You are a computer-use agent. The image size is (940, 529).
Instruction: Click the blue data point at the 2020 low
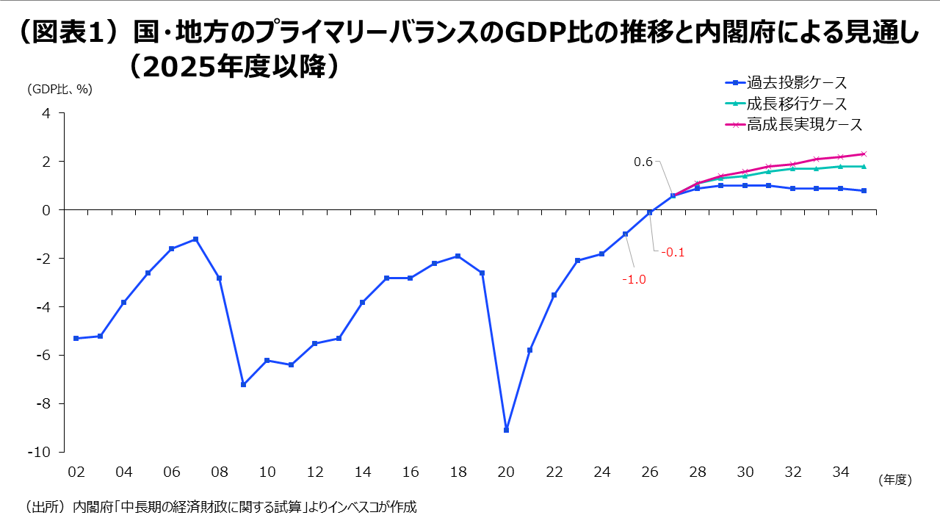click(506, 430)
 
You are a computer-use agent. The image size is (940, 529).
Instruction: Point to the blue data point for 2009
click(243, 384)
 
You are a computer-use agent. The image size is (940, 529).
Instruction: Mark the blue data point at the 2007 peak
click(195, 239)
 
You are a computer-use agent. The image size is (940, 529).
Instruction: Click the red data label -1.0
click(634, 279)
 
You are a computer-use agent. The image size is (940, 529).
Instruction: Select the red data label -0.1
click(673, 252)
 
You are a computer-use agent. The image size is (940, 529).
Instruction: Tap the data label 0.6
click(643, 162)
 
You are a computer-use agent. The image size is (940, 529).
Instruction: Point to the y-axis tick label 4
click(46, 113)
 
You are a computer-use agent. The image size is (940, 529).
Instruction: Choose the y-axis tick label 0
click(46, 210)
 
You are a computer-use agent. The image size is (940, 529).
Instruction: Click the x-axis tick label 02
click(76, 472)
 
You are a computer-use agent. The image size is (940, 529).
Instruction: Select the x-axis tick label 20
click(506, 472)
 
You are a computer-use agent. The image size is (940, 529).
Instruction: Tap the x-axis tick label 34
click(840, 472)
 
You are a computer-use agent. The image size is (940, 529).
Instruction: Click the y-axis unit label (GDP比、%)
click(59, 90)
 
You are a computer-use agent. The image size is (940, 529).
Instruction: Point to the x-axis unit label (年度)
click(894, 480)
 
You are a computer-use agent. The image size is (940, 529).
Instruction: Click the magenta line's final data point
click(864, 154)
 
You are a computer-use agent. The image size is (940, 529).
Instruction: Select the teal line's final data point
click(864, 166)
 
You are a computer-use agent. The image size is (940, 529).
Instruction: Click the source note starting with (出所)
click(221, 507)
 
